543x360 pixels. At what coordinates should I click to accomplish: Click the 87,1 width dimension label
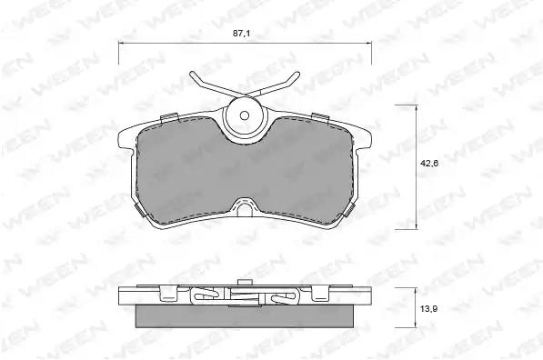click(x=241, y=34)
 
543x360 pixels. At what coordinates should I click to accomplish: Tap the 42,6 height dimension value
click(x=429, y=164)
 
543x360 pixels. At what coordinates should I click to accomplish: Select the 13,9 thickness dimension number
click(x=429, y=308)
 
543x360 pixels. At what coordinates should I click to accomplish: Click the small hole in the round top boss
click(x=245, y=115)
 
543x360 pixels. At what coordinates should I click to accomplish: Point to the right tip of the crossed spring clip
click(x=297, y=74)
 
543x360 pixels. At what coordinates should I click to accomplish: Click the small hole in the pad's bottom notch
click(x=246, y=209)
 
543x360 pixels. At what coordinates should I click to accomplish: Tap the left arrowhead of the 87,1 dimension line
click(x=120, y=44)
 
